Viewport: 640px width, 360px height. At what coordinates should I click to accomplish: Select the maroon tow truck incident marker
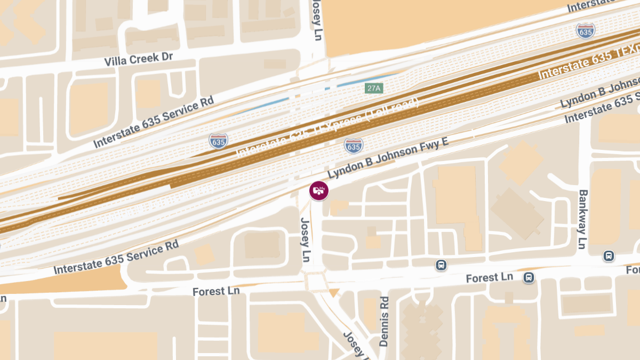coord(319,190)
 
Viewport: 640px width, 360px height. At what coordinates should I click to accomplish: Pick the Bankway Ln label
coord(582,219)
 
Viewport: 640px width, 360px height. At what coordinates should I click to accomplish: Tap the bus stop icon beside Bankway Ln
coord(609,256)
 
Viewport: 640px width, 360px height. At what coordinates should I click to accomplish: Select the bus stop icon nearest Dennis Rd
coord(441,265)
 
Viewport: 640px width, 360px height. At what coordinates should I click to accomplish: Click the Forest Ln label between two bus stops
coord(489,278)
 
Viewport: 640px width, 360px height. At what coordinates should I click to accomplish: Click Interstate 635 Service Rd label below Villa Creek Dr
coord(153,123)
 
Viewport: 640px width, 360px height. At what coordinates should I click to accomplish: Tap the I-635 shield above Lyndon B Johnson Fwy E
coord(353,145)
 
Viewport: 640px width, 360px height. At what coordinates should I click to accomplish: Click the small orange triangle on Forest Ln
coord(334,292)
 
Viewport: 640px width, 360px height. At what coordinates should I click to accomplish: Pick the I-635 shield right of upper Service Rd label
coord(218,141)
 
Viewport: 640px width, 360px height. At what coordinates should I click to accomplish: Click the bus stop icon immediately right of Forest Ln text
coord(529,277)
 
